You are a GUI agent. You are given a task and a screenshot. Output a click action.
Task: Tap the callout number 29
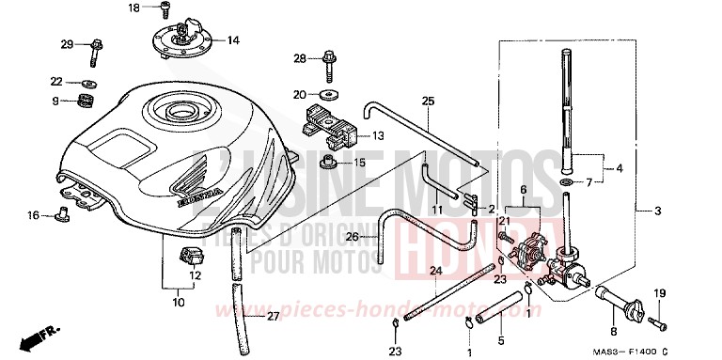pos(67,45)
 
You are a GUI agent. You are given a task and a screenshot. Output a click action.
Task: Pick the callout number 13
pos(378,136)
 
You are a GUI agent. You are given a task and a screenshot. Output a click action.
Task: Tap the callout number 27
pos(273,317)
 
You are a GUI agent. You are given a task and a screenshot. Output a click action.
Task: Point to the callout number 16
pos(33,216)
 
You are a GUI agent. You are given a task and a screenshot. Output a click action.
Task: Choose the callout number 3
pos(656,211)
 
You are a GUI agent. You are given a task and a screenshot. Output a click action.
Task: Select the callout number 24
pos(435,271)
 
